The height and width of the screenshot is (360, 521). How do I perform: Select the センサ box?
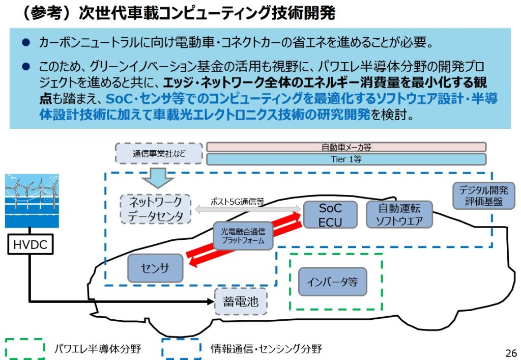pyautogui.click(x=155, y=268)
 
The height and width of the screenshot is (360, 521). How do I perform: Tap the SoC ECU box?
pyautogui.click(x=330, y=215)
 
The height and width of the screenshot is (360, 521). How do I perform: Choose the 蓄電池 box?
pyautogui.click(x=241, y=301)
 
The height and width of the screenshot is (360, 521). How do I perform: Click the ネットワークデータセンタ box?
pyautogui.click(x=156, y=209)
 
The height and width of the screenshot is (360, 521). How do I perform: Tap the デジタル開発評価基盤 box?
pyautogui.click(x=483, y=196)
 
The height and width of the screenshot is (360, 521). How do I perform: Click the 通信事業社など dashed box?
pyautogui.click(x=159, y=153)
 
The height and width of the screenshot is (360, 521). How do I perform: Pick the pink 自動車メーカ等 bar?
pyautogui.click(x=346, y=147)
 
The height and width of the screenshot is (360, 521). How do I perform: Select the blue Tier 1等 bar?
pyautogui.click(x=346, y=159)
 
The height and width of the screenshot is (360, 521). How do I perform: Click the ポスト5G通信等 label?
pyautogui.click(x=237, y=201)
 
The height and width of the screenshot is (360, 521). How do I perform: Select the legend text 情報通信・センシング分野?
pyautogui.click(x=266, y=349)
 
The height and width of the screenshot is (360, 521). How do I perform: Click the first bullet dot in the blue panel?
pyautogui.click(x=25, y=42)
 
